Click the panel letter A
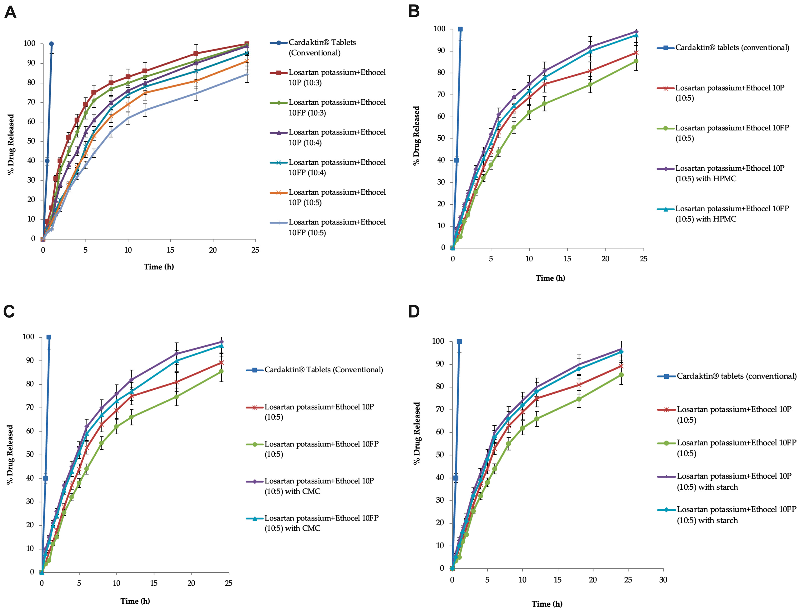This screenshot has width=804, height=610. pyautogui.click(x=10, y=13)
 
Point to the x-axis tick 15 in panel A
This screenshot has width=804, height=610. pyautogui.click(x=170, y=250)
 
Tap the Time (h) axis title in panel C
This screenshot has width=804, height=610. pyautogui.click(x=135, y=601)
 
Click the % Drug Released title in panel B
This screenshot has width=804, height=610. pyautogui.click(x=416, y=136)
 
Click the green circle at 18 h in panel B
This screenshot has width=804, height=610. pyautogui.click(x=590, y=85)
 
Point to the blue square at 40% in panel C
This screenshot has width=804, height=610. pyautogui.click(x=46, y=478)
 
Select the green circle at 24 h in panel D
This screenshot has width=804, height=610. pyautogui.click(x=621, y=375)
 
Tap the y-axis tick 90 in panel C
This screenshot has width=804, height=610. pyautogui.click(x=28, y=360)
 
